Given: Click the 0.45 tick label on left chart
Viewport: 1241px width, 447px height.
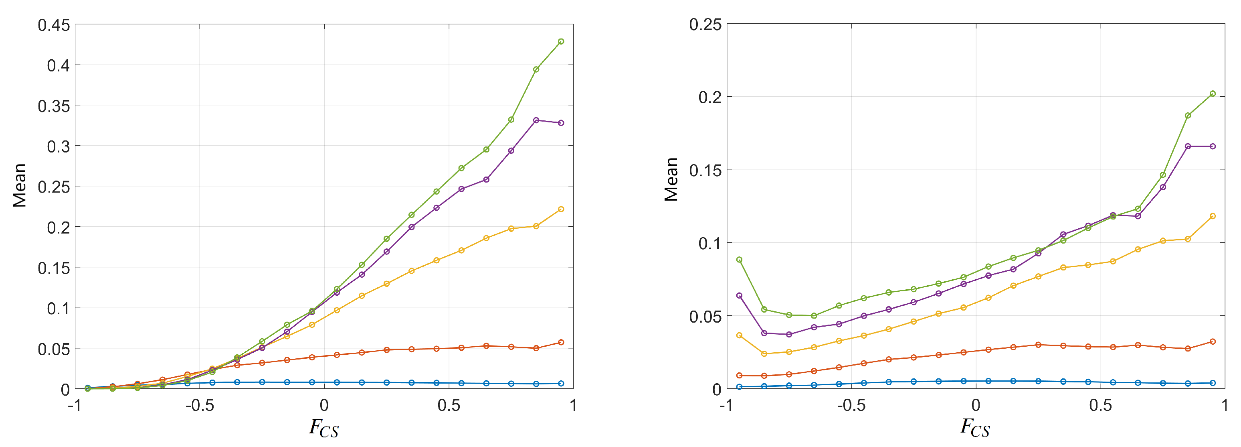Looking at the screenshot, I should click(x=53, y=25).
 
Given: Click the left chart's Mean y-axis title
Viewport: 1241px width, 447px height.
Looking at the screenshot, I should click(x=20, y=186).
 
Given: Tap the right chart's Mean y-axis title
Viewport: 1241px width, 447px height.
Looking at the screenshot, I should click(x=671, y=179).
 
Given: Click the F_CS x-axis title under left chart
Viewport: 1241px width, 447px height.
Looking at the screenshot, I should click(x=324, y=428).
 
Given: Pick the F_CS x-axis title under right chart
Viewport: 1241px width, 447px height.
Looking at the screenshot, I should click(x=975, y=428).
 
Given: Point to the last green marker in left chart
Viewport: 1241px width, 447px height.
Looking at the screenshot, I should click(x=561, y=41).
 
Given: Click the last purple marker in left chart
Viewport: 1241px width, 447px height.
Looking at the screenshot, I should click(x=561, y=123).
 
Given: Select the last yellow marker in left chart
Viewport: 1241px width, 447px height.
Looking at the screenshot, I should click(x=561, y=209).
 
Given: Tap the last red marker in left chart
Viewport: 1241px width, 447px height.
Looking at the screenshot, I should click(x=561, y=342).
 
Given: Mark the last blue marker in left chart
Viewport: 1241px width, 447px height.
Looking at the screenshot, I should click(x=561, y=383).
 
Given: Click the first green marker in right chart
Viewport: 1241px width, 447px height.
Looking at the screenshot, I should click(x=739, y=260).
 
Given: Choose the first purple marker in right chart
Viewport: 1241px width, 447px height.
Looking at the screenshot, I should click(x=739, y=296).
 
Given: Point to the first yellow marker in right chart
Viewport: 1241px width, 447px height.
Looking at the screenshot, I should click(x=739, y=335).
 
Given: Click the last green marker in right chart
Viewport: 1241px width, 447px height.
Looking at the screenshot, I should click(x=1213, y=93).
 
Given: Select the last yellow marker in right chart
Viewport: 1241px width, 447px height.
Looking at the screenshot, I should click(x=1213, y=216).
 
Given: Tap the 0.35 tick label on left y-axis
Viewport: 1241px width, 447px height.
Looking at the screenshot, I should click(x=53, y=106).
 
